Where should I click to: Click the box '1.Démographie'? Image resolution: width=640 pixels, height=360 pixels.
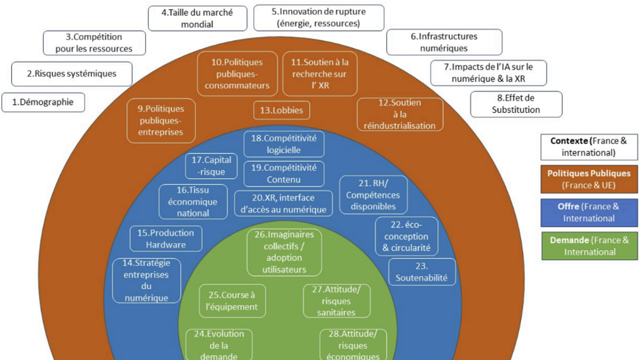(x=43, y=102)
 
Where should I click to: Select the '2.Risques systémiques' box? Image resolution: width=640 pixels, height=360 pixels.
(x=71, y=74)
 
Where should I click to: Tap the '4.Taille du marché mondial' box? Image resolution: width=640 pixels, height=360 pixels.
(x=197, y=18)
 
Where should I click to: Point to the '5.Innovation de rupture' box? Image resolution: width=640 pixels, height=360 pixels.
(x=318, y=17)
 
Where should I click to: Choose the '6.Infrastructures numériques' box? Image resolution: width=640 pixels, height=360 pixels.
(x=444, y=42)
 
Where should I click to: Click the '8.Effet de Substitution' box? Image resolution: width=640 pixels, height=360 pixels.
(x=516, y=104)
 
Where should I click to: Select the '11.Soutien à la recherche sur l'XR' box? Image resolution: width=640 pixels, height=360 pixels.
(x=320, y=73)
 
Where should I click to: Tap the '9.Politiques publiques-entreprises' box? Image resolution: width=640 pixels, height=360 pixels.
(x=161, y=120)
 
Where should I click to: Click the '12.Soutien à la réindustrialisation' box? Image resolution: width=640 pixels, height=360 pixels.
(x=399, y=114)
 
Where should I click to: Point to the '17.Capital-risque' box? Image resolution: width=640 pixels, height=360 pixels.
(x=211, y=166)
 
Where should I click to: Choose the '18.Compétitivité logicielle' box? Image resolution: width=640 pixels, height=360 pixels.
(x=283, y=144)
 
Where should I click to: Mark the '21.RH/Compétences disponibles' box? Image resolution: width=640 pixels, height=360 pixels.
(x=373, y=194)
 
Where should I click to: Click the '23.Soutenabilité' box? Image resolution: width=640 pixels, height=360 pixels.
(x=422, y=272)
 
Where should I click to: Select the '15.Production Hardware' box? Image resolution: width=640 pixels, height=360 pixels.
(x=166, y=238)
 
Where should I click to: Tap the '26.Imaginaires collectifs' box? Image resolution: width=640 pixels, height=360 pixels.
(x=284, y=252)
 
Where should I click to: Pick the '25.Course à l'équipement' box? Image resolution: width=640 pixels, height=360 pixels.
(x=232, y=301)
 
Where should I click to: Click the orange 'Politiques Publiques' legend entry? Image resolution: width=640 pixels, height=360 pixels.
(x=589, y=179)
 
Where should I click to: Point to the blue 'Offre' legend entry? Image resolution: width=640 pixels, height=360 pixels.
(x=589, y=212)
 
